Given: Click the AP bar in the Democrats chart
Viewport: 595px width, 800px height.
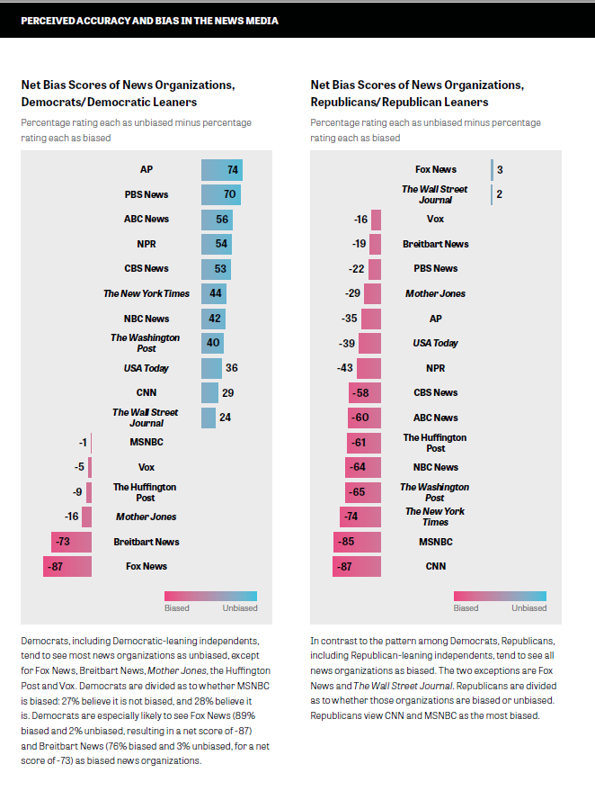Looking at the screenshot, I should [x=221, y=170].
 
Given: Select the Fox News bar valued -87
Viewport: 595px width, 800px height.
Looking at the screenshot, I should [x=67, y=566].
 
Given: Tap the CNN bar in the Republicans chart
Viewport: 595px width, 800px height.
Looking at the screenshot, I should [x=357, y=566].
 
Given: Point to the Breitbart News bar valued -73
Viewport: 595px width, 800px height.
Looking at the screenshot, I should [x=72, y=542].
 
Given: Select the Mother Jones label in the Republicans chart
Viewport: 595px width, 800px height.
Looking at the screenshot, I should [x=435, y=293].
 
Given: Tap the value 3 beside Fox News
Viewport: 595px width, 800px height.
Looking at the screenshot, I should [x=499, y=169].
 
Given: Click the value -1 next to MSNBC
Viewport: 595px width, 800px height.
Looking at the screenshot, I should [x=83, y=442].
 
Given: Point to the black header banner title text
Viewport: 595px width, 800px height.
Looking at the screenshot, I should [x=149, y=20].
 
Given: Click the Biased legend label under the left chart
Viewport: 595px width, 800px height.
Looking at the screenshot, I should [x=177, y=608].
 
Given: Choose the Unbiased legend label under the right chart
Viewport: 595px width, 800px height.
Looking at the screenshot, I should [x=528, y=608].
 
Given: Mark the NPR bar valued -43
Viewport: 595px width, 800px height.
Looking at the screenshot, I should [x=369, y=368].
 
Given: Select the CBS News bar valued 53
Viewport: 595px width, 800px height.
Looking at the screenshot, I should [x=216, y=268].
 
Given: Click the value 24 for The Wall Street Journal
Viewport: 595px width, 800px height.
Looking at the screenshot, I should [x=225, y=418].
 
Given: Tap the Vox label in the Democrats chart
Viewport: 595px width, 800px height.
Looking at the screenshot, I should [x=147, y=467].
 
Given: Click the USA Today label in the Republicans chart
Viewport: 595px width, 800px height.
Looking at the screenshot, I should [x=435, y=343].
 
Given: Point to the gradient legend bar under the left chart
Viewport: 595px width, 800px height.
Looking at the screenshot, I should [x=210, y=596].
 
